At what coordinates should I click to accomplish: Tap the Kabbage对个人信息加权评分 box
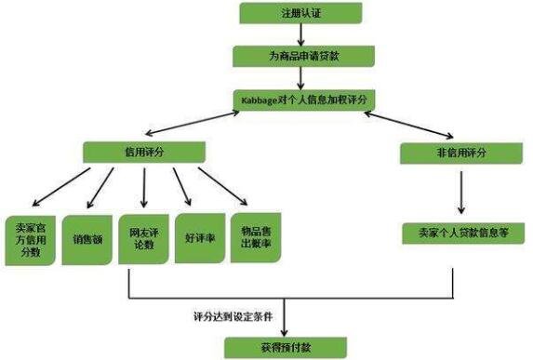303,98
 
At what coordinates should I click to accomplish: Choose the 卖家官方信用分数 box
29,238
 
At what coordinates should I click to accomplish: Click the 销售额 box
87,238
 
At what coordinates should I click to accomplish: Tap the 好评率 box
198,238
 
